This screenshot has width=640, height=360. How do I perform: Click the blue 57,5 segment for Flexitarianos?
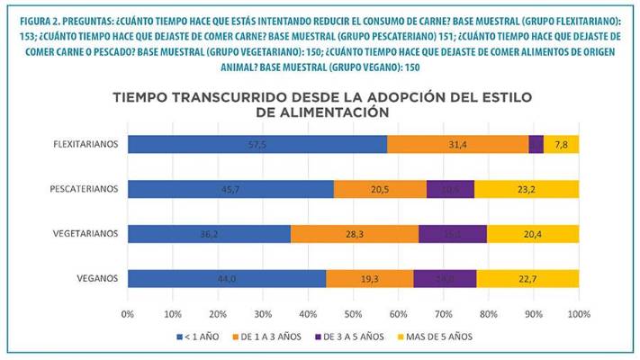point(257,144)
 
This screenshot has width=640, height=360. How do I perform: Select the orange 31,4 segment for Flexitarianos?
point(457,144)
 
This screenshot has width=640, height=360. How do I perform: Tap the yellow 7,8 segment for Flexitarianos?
point(562,144)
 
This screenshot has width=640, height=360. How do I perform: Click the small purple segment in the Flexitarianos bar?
point(536,144)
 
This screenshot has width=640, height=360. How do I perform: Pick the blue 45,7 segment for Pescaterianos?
point(230,189)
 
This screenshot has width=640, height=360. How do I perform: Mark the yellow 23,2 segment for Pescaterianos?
point(527,189)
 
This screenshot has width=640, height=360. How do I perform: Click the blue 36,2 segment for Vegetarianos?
point(209,234)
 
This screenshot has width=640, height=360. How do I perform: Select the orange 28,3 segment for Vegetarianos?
point(355,234)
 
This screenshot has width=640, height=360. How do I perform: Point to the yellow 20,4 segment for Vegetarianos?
point(533,234)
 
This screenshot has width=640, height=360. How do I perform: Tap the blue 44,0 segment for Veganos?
point(227,278)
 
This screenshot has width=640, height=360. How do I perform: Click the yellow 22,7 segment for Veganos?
point(527,278)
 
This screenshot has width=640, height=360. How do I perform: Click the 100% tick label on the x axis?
point(579,313)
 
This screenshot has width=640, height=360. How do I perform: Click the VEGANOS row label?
point(96,278)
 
